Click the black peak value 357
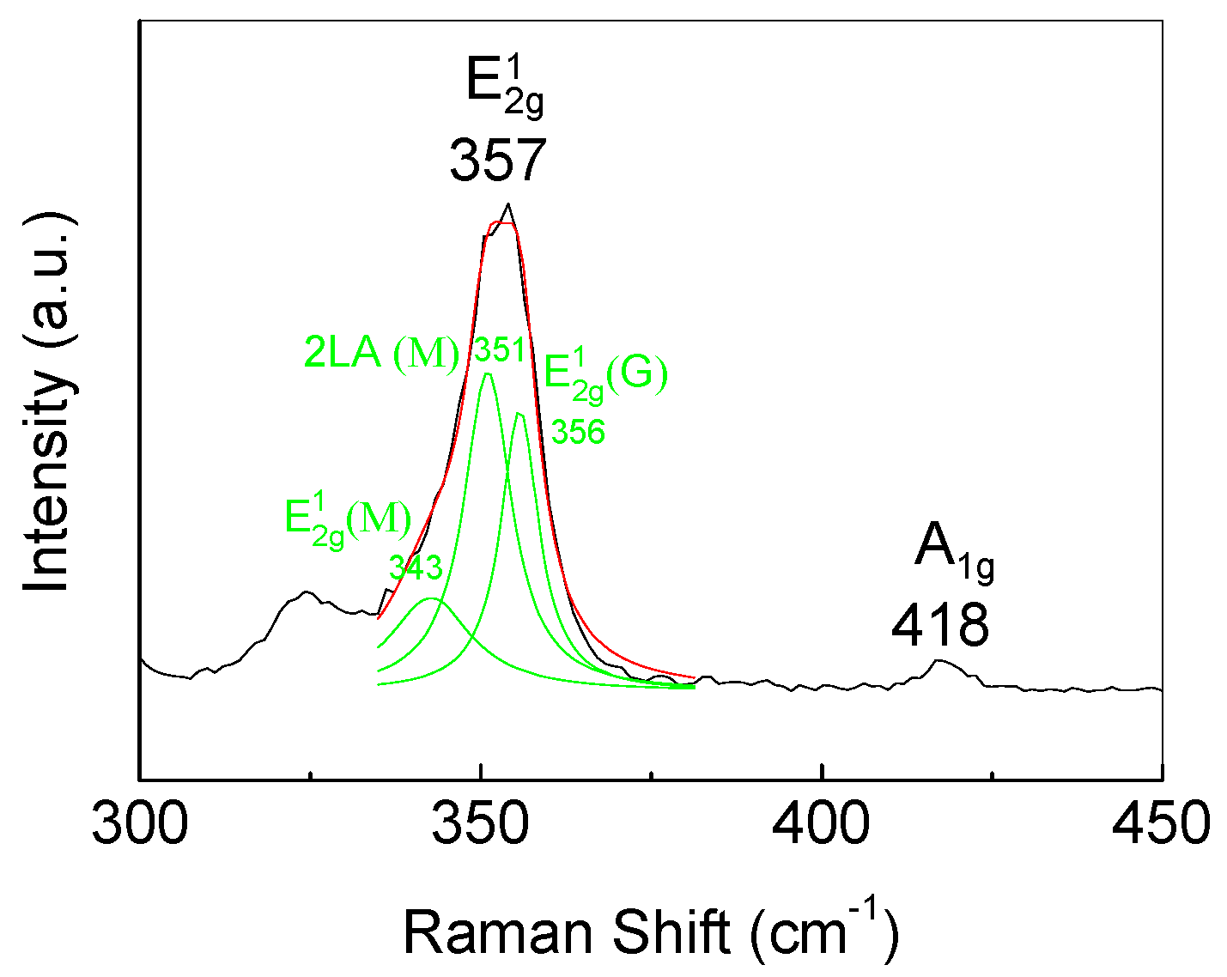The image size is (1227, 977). [498, 161]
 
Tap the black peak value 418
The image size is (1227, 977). [940, 626]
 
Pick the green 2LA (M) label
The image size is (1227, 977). [382, 354]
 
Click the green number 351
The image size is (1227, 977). [500, 350]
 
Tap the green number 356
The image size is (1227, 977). [578, 432]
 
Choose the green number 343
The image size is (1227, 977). [416, 567]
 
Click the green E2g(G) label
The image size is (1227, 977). [606, 376]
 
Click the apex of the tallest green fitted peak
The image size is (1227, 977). [488, 373]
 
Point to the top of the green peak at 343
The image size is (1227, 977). [432, 598]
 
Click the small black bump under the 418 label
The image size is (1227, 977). [940, 660]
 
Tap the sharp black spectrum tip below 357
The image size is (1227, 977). [508, 204]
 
